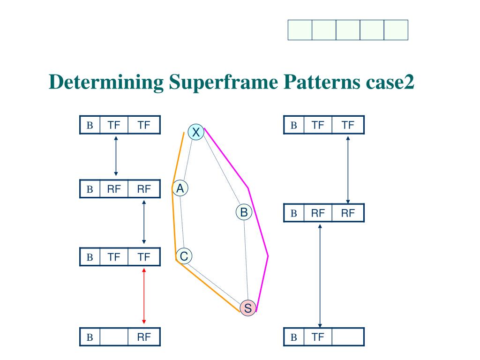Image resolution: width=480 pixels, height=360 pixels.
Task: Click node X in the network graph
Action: [196, 133]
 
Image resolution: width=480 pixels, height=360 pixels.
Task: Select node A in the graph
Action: [180, 188]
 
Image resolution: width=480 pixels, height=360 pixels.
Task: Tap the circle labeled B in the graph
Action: [244, 212]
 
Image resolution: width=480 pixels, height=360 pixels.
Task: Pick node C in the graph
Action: [184, 256]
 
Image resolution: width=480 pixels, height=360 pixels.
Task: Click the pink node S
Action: [248, 308]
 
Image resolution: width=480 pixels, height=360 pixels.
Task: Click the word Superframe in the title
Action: [221, 83]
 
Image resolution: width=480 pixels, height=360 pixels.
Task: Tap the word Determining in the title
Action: [106, 83]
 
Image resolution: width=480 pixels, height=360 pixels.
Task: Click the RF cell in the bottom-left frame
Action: [144, 337]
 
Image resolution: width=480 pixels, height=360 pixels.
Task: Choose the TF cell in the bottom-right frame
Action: [318, 337]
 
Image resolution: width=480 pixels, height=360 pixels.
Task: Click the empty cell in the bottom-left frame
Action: [114, 337]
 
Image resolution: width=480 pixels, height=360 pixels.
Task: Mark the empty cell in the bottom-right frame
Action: [347, 337]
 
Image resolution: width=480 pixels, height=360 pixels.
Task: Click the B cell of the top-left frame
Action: [90, 125]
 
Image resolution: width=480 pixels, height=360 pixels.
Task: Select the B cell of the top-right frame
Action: [294, 125]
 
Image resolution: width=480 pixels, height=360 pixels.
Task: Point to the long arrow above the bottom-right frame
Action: [320, 276]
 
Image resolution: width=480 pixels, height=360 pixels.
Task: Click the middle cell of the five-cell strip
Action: [348, 30]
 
